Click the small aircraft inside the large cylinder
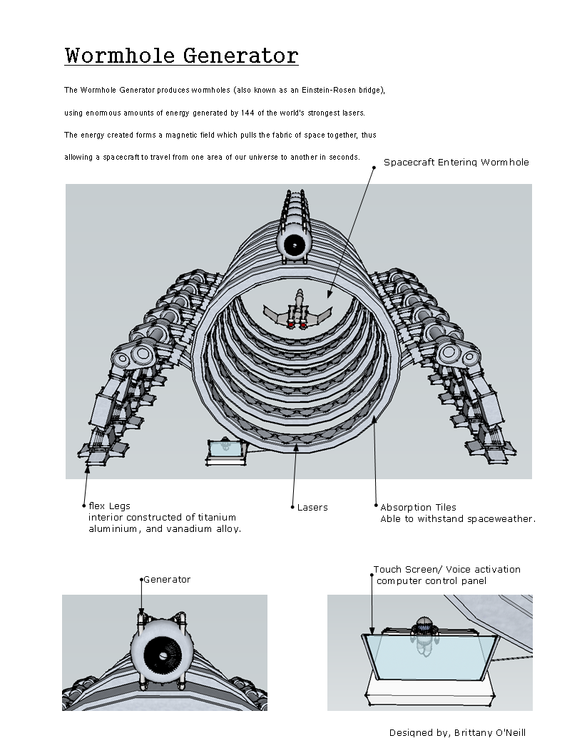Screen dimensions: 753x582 click(297, 312)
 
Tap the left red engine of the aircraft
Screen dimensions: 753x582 click(291, 324)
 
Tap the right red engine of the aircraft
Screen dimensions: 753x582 click(303, 325)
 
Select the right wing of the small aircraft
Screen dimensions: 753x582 click(321, 314)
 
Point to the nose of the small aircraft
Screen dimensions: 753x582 click(300, 292)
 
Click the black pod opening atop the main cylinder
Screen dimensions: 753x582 click(293, 245)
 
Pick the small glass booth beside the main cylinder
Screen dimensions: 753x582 click(225, 451)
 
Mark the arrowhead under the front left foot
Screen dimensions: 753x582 click(87, 468)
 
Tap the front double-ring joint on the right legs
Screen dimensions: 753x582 click(457, 352)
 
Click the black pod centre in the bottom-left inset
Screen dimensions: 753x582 click(163, 655)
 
